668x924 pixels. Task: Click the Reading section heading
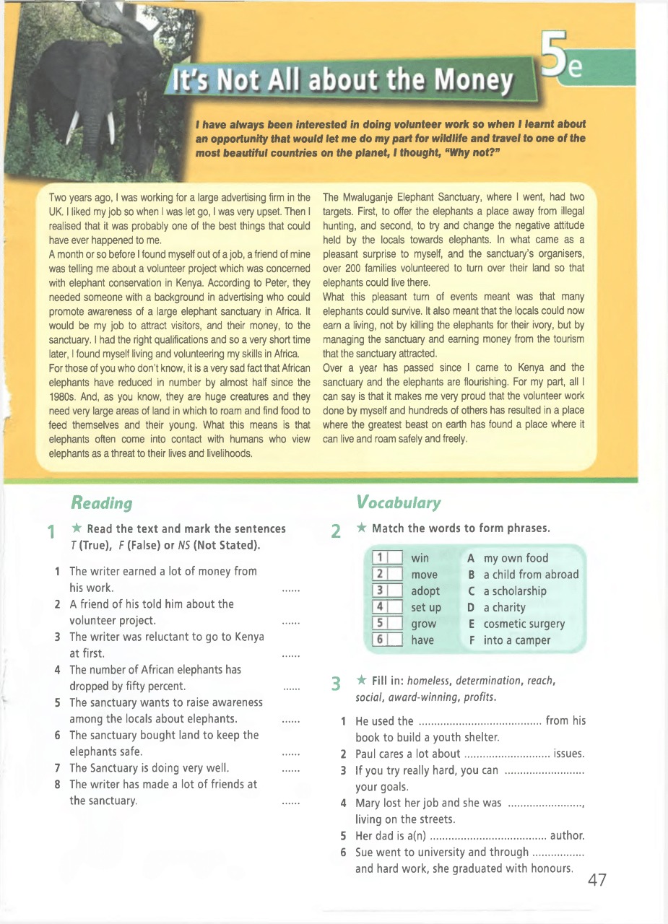[101, 502]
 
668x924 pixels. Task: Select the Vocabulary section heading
[398, 502]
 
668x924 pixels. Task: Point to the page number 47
[597, 880]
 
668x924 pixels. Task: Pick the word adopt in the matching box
[425, 591]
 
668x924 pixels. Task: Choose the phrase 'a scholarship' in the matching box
[515, 591]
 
